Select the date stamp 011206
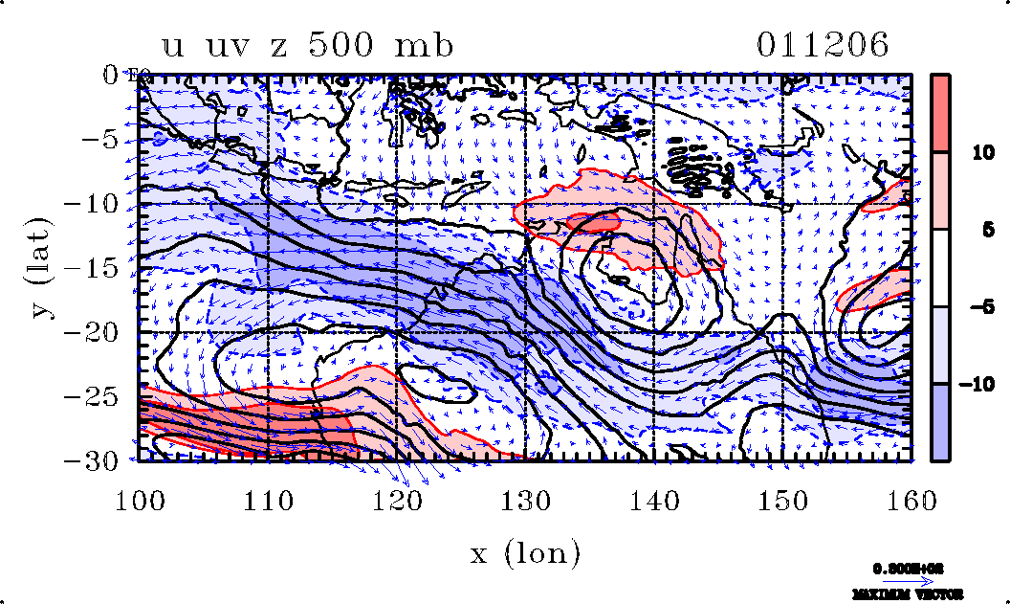[823, 45]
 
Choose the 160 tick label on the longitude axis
[910, 499]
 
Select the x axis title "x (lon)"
[525, 552]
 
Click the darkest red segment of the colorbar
[940, 113]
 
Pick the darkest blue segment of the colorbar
[940, 422]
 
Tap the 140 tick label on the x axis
[653, 499]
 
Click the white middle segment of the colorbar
[940, 268]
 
